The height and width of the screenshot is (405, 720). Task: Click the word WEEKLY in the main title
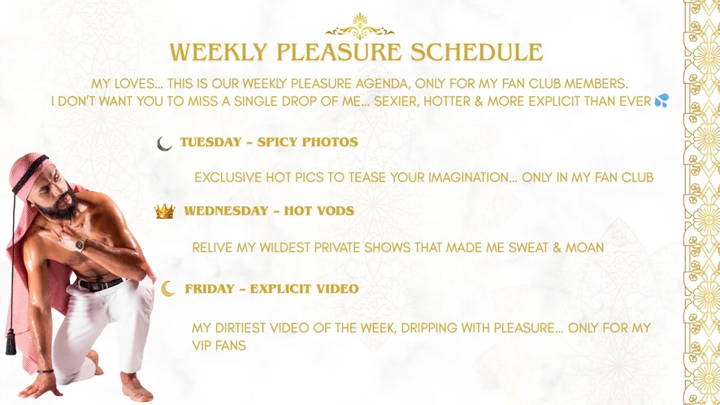(218, 52)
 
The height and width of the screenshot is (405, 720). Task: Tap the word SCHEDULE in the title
(477, 52)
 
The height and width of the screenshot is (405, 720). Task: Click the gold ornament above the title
(359, 26)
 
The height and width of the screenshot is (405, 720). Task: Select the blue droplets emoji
(661, 100)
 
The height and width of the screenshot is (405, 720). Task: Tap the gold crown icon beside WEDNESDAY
(165, 211)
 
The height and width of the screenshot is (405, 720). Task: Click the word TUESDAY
(210, 142)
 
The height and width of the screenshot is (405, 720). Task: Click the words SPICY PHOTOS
(308, 142)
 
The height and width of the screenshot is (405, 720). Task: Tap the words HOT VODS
(319, 211)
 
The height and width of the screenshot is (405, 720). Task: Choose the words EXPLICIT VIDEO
(305, 289)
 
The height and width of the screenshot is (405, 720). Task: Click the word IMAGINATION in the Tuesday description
(472, 177)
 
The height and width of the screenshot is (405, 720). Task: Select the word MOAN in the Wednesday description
(584, 247)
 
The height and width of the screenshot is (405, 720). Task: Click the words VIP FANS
(219, 346)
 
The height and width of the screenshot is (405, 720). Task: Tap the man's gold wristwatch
(81, 243)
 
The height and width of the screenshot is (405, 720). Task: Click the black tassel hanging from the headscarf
(11, 342)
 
